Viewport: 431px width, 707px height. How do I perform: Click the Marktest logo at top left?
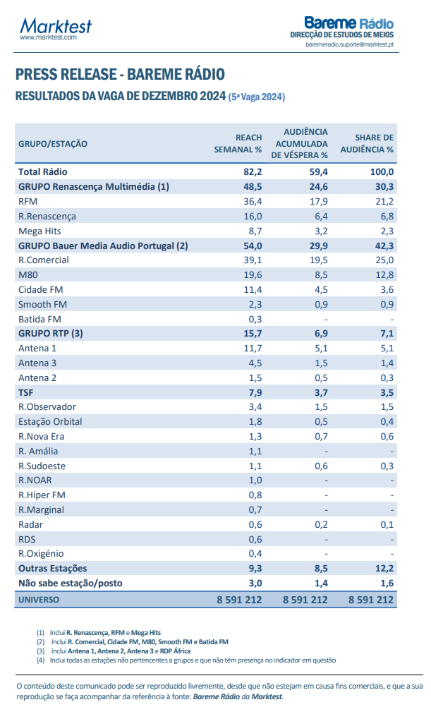(56, 28)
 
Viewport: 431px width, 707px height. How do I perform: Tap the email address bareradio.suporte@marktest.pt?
(350, 44)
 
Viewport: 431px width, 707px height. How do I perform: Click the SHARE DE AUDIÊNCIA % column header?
(367, 143)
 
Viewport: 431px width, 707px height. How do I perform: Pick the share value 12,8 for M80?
(384, 275)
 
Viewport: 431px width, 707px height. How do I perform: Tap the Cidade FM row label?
(40, 290)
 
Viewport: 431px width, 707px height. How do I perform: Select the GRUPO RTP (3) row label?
(51, 334)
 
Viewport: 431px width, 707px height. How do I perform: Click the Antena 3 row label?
(37, 363)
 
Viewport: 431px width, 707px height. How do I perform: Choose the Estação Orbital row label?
(50, 422)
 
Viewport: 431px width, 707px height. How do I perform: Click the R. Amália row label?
(38, 451)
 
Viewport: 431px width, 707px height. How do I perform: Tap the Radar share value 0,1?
(386, 524)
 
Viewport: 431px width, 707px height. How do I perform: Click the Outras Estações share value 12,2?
(383, 568)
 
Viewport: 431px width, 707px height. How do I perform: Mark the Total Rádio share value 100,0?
(381, 171)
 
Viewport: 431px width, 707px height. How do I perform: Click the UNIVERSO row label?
(39, 599)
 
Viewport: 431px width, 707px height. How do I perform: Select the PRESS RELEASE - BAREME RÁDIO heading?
(120, 75)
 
